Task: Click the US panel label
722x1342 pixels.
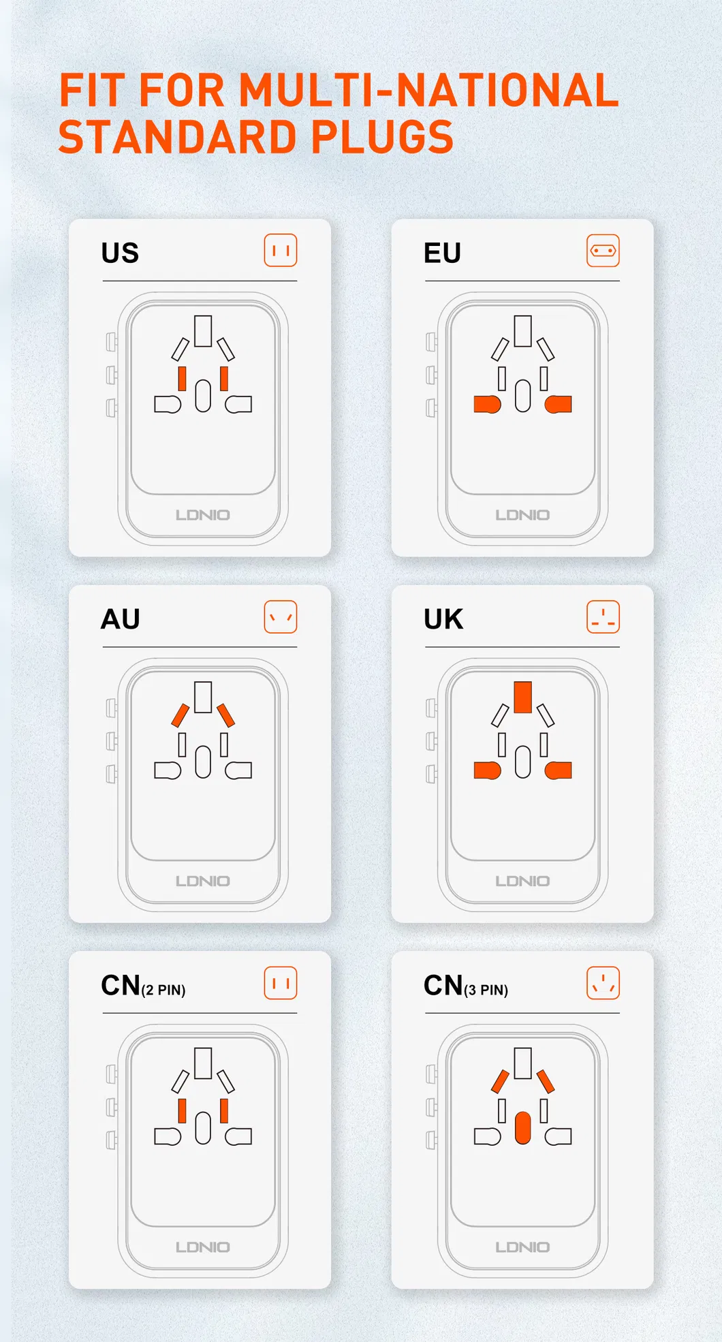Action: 120,253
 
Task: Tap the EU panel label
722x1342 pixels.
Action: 442,253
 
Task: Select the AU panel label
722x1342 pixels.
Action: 121,619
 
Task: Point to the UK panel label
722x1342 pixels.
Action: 443,619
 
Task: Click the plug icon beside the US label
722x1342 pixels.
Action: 281,251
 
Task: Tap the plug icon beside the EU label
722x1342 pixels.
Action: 603,251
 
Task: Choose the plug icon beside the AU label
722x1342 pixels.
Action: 281,617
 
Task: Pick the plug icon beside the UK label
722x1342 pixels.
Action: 603,617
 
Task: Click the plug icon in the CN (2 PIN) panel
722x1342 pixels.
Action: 281,983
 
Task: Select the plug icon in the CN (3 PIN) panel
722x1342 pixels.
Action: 603,983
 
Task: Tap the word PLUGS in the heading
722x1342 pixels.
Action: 382,136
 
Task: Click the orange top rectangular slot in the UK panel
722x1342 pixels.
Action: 523,697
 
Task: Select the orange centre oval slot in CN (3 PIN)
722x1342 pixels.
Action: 523,1128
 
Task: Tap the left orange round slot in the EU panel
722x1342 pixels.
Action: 488,404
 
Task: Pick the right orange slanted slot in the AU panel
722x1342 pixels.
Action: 225,715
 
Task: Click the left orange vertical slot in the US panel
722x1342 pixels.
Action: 182,379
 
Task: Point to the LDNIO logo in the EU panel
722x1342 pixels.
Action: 522,515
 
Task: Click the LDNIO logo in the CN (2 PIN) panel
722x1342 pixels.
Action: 203,1247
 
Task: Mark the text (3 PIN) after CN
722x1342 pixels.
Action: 486,990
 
